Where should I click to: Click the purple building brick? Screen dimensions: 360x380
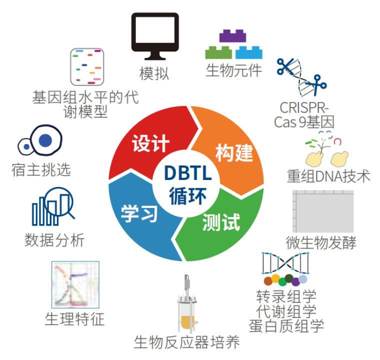click(232, 36)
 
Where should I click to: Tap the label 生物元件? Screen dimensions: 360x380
click(233, 70)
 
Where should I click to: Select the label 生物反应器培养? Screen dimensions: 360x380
click(186, 343)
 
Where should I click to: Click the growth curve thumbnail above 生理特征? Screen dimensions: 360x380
click(75, 284)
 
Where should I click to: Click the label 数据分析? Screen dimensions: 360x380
click(54, 240)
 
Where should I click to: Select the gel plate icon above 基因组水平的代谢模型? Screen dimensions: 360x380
click(86, 67)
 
